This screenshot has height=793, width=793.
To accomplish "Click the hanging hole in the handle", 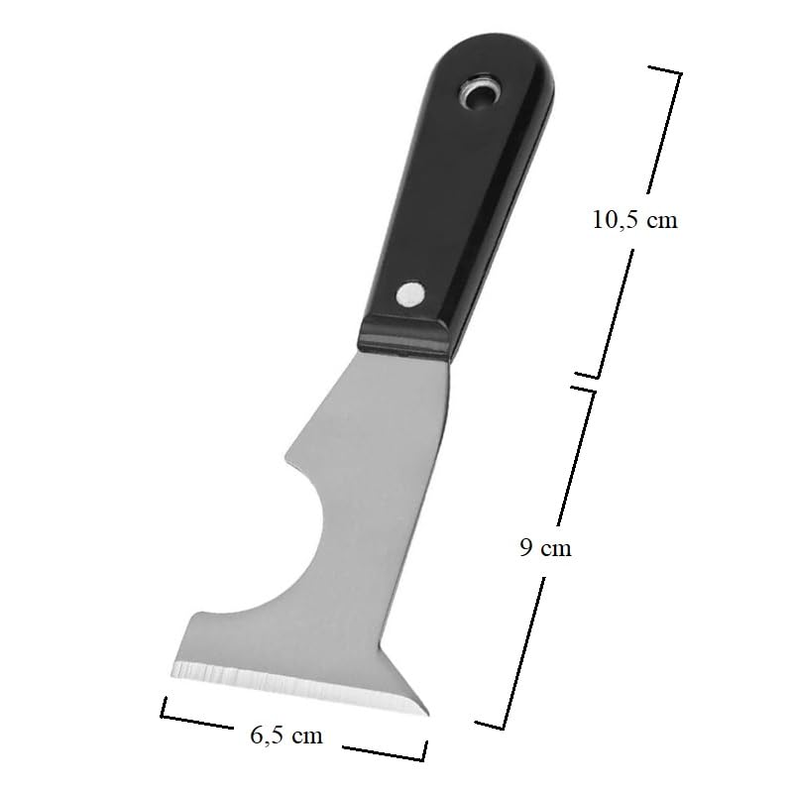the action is pos(479,93).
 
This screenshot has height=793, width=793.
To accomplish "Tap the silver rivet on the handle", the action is pos(410,293).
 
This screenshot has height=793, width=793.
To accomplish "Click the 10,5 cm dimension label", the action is pos(634,220).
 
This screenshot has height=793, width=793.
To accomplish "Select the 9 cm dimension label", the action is pos(546,548).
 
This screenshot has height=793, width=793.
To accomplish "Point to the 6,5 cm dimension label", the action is pos(286,736).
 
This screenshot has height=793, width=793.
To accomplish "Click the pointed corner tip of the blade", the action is pos(426,714).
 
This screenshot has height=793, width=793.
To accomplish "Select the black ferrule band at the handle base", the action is pos(403,337).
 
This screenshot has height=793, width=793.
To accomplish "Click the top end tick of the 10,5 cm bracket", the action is pos(664,70).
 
